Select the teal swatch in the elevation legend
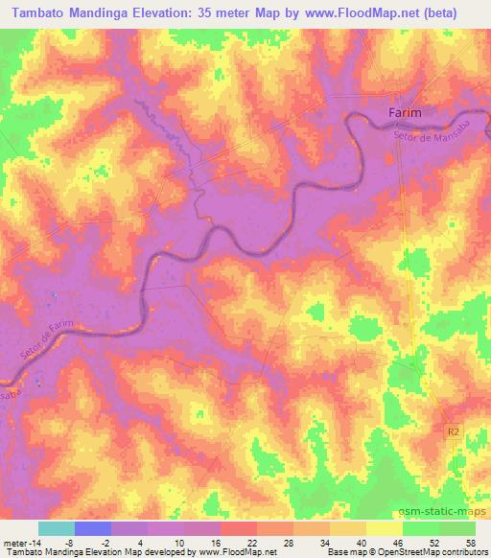pos(57,528)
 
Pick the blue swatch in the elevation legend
pos(93,528)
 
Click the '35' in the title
pos(220,12)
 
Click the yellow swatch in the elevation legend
pos(384,528)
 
